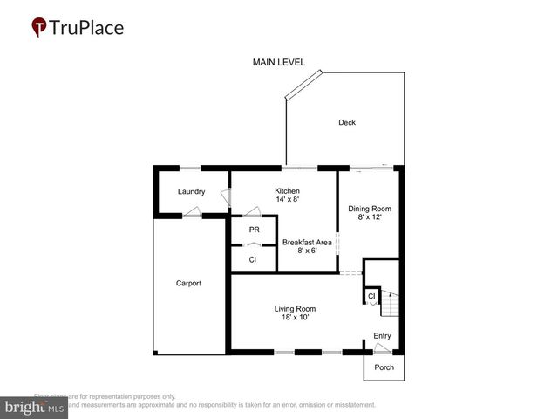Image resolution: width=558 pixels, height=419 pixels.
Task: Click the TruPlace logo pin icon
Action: pos(39,28)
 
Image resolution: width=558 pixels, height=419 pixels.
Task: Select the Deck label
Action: pos(347,122)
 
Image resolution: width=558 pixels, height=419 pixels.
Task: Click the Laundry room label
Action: pos(191,191)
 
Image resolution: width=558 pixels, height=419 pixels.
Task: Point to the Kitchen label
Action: pos(287,190)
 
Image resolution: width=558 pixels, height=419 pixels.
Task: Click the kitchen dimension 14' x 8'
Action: pos(287,200)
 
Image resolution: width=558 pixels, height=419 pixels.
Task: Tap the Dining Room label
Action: pos(370,209)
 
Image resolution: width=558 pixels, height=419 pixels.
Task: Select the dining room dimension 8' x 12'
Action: pos(370,217)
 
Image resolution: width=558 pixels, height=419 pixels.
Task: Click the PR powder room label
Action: pos(254,230)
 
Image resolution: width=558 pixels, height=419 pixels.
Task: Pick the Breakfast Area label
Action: pos(305,242)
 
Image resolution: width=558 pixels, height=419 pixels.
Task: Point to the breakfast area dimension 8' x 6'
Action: pos(305,251)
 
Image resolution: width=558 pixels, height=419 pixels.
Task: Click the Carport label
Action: pos(188,283)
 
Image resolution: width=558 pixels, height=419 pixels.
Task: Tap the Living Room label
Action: pos(295,308)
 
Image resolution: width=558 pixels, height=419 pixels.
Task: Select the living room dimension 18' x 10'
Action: pos(295,318)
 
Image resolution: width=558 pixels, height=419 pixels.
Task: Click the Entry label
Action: pos(382,335)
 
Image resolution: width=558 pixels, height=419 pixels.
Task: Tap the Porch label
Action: pos(384,367)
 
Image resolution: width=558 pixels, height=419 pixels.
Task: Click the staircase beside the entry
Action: pos(390,306)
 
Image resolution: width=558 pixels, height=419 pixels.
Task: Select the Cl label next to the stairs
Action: pos(371,297)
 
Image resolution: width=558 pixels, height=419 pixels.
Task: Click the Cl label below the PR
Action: pos(253,259)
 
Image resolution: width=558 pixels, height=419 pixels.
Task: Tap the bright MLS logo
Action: pos(34,408)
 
